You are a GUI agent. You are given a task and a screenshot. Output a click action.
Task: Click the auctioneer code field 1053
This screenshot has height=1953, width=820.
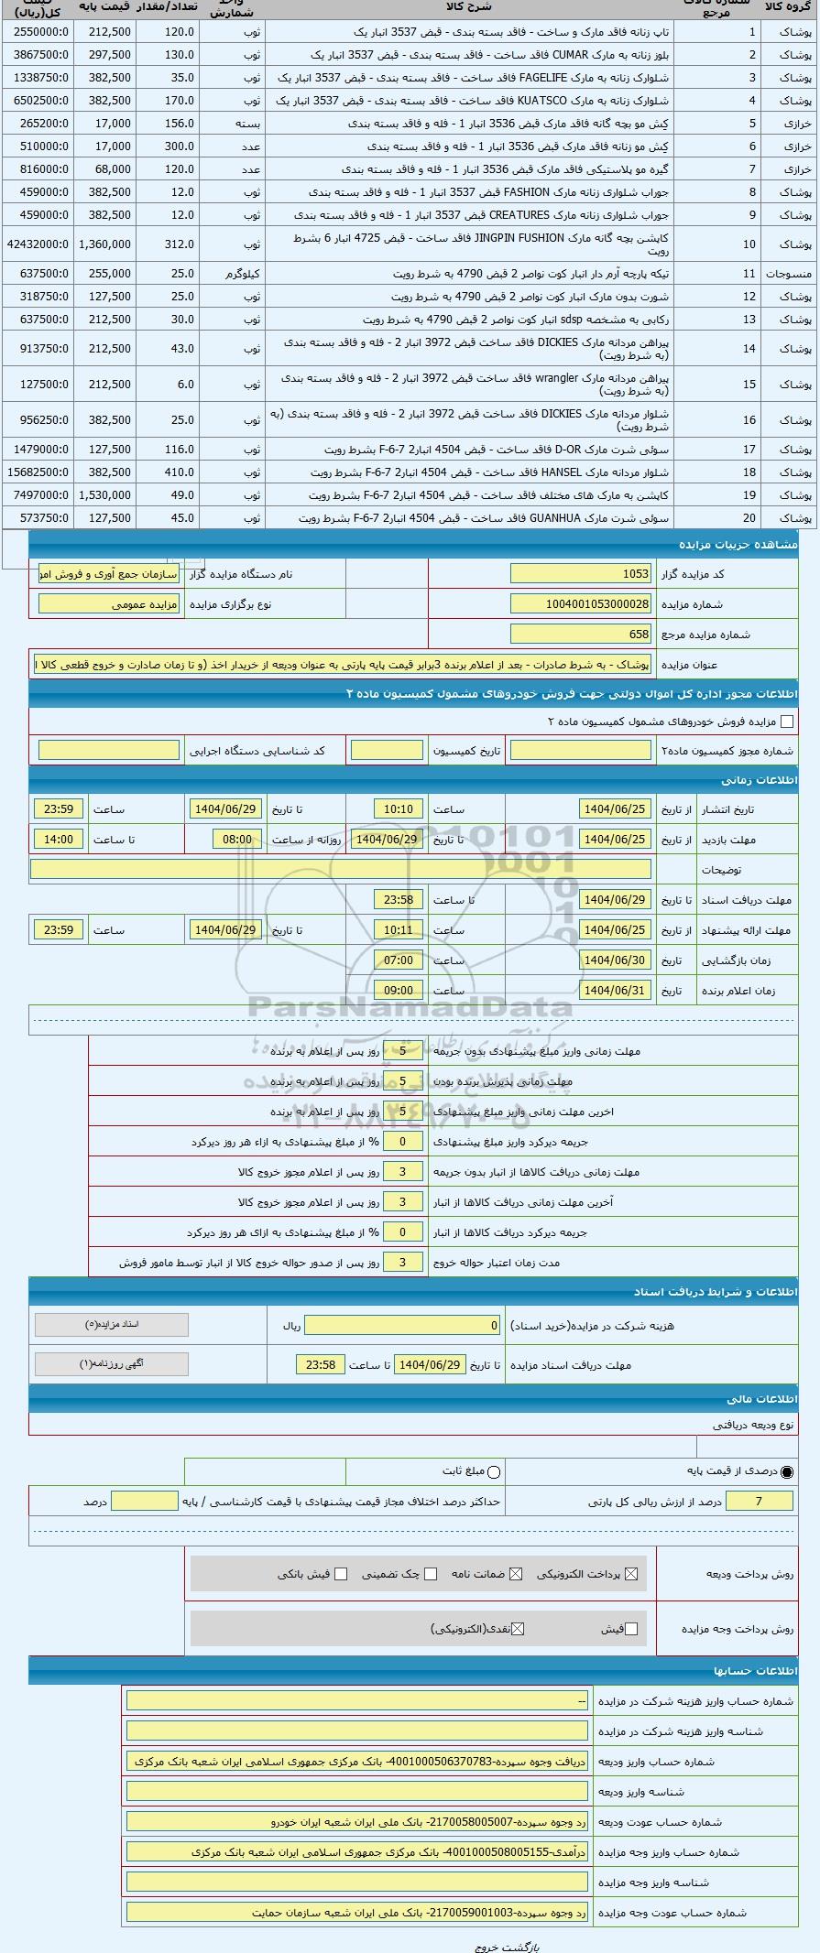coord(580,574)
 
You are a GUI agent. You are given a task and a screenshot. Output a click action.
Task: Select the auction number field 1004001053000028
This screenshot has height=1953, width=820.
coord(580,604)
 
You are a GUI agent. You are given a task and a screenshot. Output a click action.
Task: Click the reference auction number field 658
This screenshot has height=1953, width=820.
coord(580,635)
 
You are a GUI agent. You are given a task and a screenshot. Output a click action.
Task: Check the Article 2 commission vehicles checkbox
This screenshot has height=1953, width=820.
coord(786,722)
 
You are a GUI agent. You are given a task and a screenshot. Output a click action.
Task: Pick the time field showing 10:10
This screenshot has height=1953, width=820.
coord(399,809)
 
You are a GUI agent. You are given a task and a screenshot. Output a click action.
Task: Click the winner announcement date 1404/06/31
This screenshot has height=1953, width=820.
coord(615,991)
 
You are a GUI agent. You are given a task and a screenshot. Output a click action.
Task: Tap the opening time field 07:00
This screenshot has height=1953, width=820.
coord(399,960)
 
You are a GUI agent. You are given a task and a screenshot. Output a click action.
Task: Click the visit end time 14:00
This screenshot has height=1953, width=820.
coord(59,840)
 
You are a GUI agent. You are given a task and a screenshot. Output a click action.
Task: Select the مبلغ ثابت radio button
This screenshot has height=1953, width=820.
coord(495,1472)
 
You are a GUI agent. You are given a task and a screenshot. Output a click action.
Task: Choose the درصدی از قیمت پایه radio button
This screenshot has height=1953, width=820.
coord(787,1472)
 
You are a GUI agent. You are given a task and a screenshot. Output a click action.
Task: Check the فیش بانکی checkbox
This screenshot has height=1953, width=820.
coord(341,1574)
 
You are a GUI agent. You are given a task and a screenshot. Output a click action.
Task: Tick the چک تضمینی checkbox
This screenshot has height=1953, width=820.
coord(431,1574)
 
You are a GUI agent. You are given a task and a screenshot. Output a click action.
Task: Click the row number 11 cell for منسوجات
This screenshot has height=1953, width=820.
coord(749,274)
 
